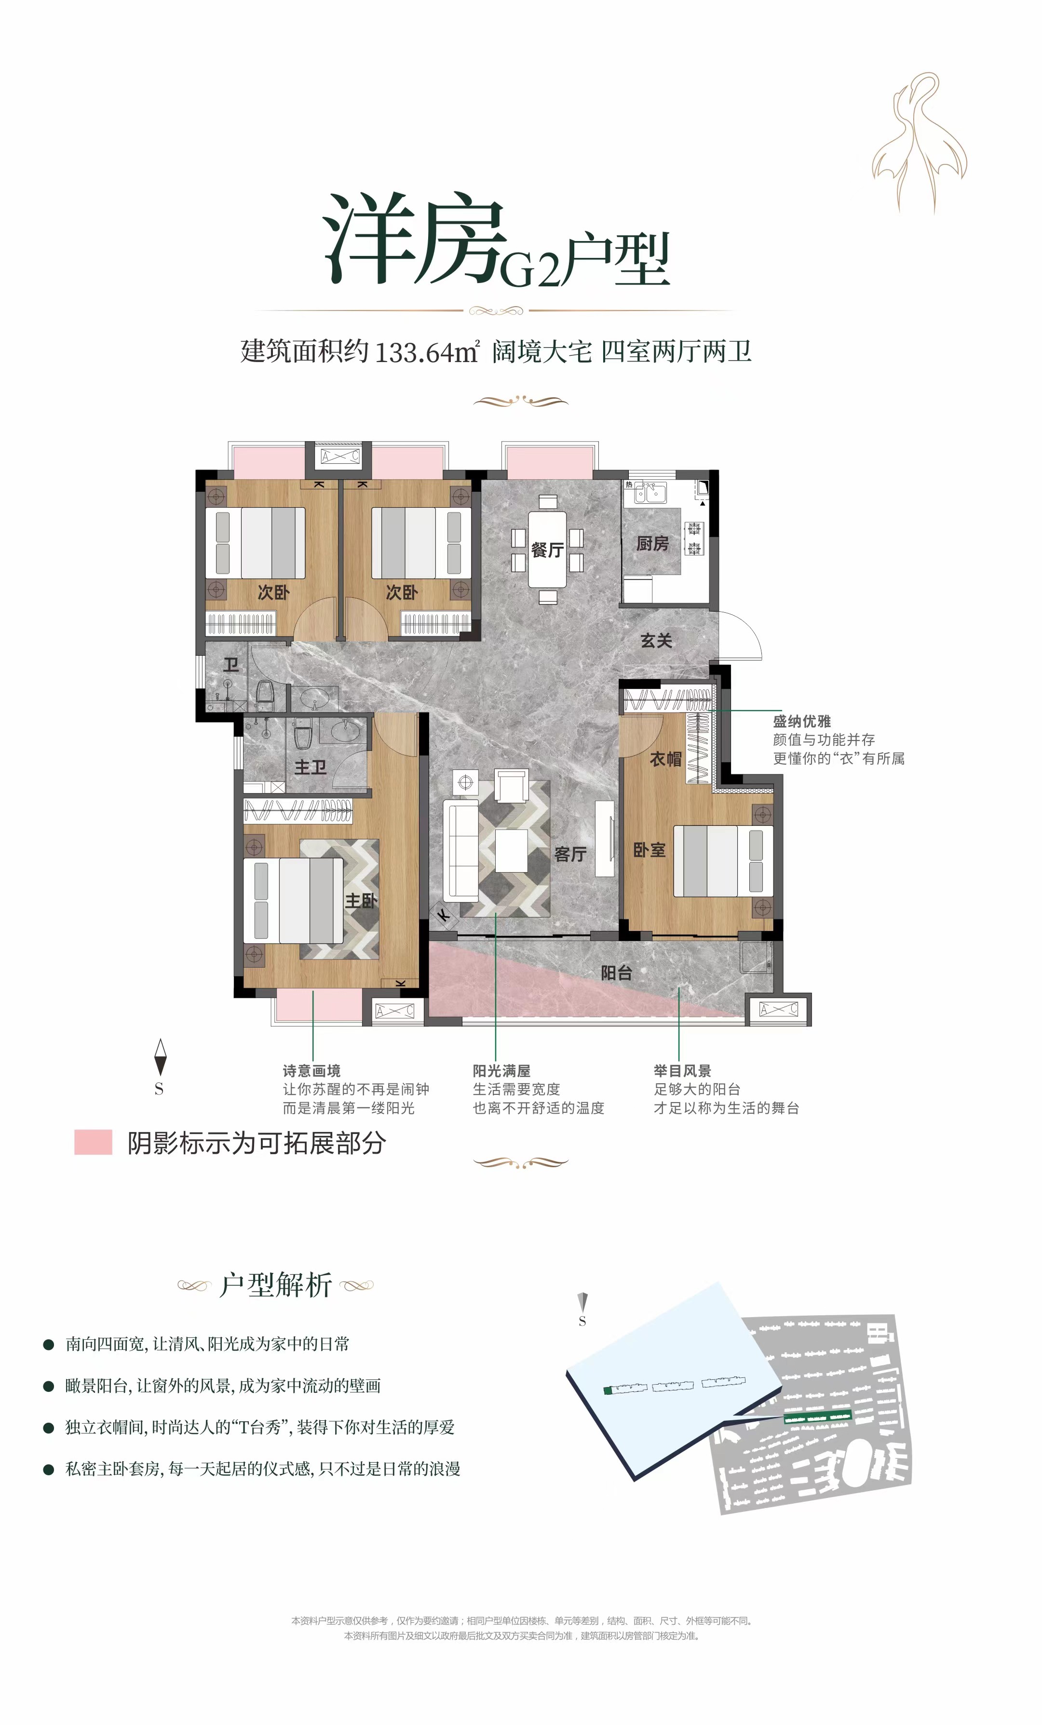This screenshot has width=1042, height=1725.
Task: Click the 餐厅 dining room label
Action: (547, 550)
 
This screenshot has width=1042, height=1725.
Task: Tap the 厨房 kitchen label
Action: (652, 543)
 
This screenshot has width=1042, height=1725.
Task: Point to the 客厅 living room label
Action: (570, 854)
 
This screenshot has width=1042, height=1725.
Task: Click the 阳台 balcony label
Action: (616, 972)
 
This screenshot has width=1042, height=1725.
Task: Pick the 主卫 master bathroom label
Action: (310, 768)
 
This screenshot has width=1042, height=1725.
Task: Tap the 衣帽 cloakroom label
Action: (665, 759)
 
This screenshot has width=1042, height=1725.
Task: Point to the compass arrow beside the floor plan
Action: (161, 1057)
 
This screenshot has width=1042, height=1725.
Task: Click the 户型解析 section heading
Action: (275, 1285)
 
